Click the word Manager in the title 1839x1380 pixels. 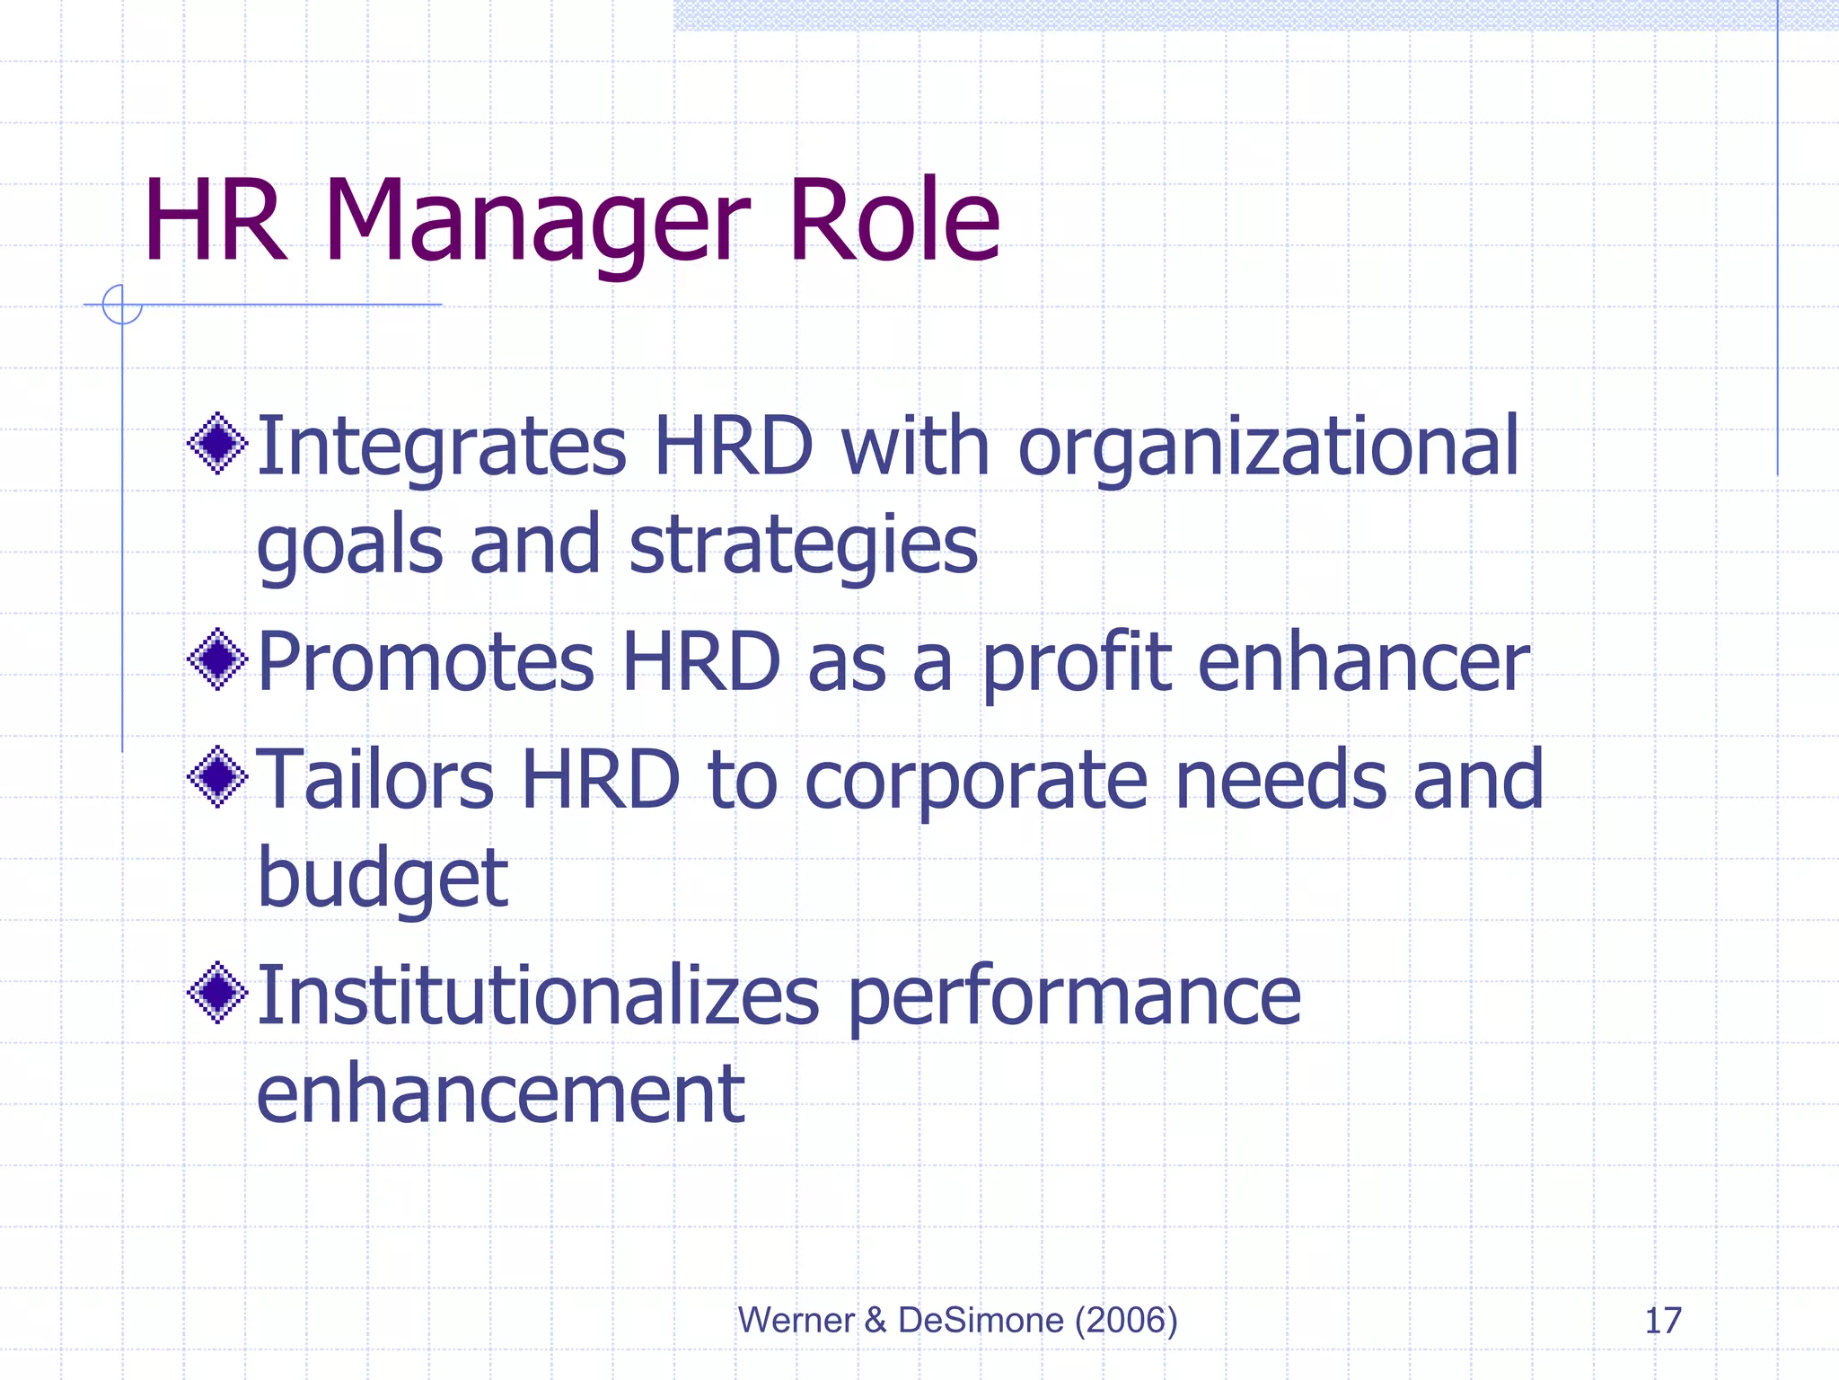pyautogui.click(x=536, y=222)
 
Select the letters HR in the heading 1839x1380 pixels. pyautogui.click(x=216, y=222)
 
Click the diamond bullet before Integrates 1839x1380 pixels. pyautogui.click(x=217, y=443)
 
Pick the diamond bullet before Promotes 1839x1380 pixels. pyautogui.click(x=217, y=659)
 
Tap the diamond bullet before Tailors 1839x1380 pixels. pyautogui.click(x=217, y=776)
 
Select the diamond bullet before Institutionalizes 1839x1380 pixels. pyautogui.click(x=217, y=993)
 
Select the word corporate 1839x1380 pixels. pyautogui.click(x=976, y=782)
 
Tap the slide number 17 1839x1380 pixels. pyautogui.click(x=1662, y=1321)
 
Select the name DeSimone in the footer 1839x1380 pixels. pyautogui.click(x=981, y=1321)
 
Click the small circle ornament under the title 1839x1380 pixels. pyautogui.click(x=122, y=305)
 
